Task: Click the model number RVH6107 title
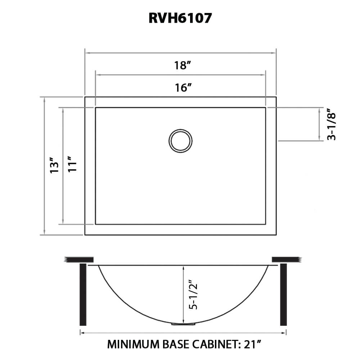pos(180,18)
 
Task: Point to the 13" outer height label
pos(54,165)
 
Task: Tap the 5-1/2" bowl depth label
pos(194,295)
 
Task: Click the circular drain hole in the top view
pos(180,141)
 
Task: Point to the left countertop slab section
pos(79,260)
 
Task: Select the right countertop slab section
pos(286,260)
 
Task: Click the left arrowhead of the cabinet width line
pos(82,333)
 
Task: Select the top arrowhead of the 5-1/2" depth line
pos(184,267)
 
